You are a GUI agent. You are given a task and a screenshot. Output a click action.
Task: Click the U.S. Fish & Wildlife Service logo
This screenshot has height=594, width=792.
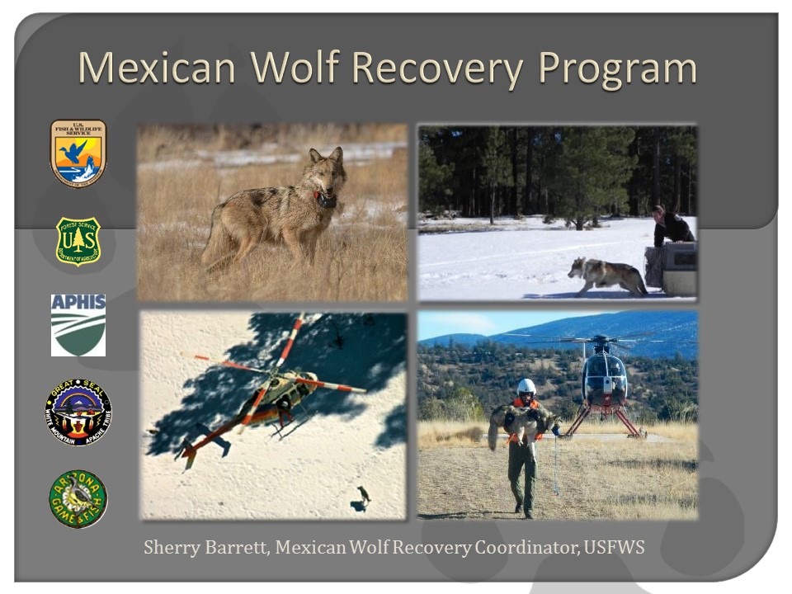point(78,153)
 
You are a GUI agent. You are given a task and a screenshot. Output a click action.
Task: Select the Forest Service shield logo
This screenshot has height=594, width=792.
point(78,241)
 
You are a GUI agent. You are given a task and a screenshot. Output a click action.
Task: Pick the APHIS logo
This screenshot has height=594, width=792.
point(78,325)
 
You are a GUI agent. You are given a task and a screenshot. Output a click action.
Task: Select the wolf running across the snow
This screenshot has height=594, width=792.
point(606,276)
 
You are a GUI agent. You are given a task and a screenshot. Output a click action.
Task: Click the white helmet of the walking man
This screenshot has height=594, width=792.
point(526,386)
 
